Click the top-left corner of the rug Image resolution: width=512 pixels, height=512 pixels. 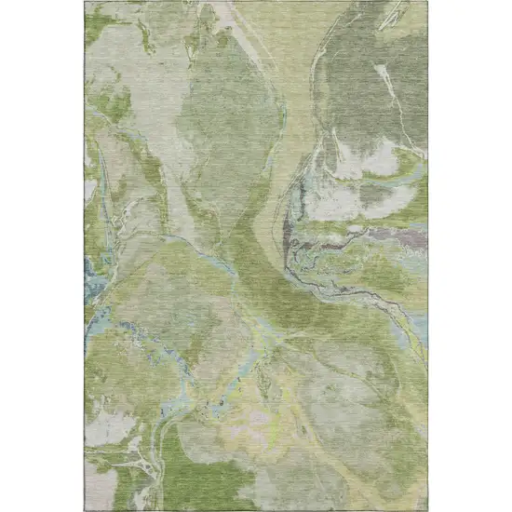[x=85, y=2]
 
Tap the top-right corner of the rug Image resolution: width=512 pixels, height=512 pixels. [x=427, y=2]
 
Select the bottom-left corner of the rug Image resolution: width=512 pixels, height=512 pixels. [x=85, y=509]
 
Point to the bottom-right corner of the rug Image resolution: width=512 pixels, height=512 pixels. [x=427, y=509]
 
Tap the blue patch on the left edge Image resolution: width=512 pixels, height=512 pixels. [x=93, y=279]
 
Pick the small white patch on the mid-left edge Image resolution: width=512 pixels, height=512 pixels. [x=90, y=191]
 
